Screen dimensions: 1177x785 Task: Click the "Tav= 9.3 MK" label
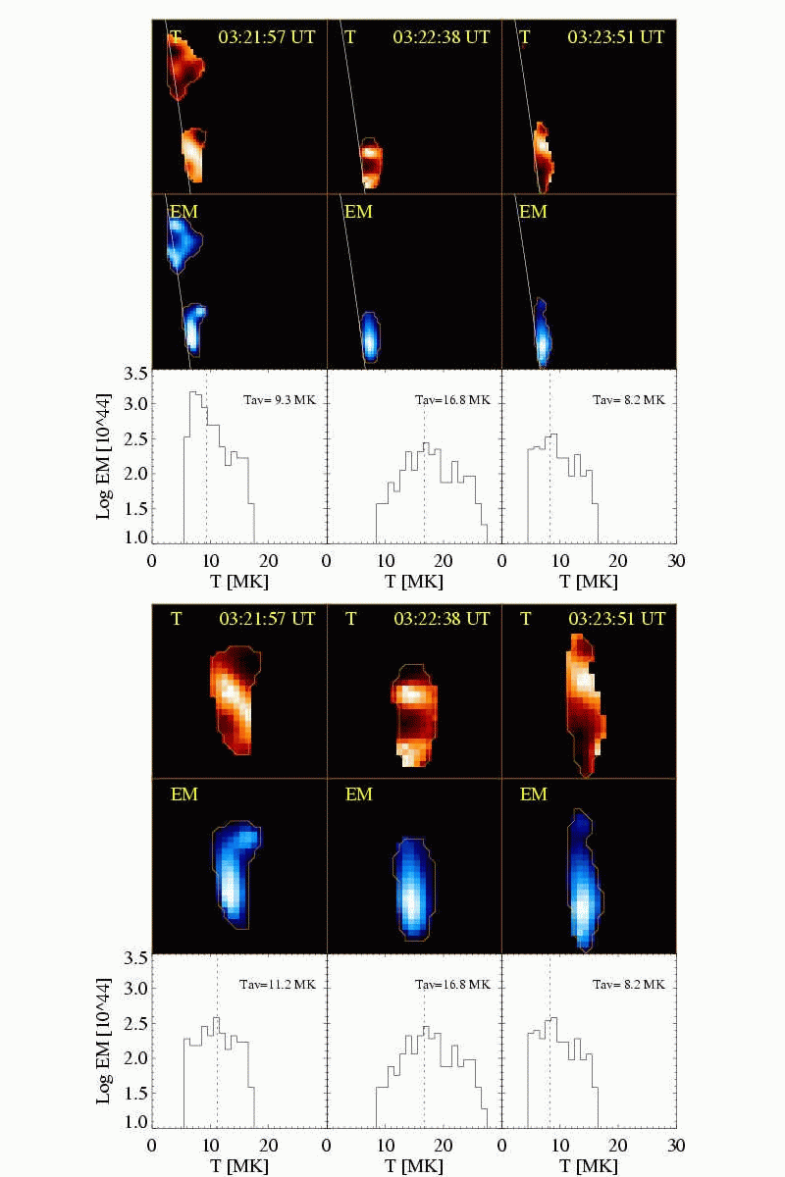click(279, 400)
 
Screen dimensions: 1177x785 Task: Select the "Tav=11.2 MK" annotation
click(279, 984)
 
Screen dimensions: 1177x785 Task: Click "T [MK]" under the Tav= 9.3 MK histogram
click(238, 582)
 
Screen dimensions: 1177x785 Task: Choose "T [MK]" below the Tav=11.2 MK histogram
click(238, 1164)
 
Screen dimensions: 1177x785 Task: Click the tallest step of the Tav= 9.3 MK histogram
click(194, 393)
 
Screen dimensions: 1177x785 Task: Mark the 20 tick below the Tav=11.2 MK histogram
click(268, 1144)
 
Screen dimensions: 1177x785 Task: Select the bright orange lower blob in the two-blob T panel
click(194, 154)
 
